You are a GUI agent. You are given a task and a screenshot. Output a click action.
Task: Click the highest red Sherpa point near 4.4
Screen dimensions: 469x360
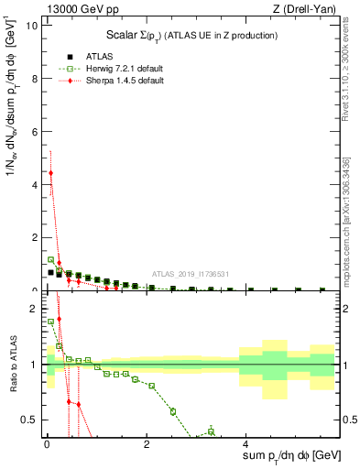[50, 172]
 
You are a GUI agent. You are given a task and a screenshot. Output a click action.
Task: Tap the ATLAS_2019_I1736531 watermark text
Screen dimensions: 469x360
[190, 274]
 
